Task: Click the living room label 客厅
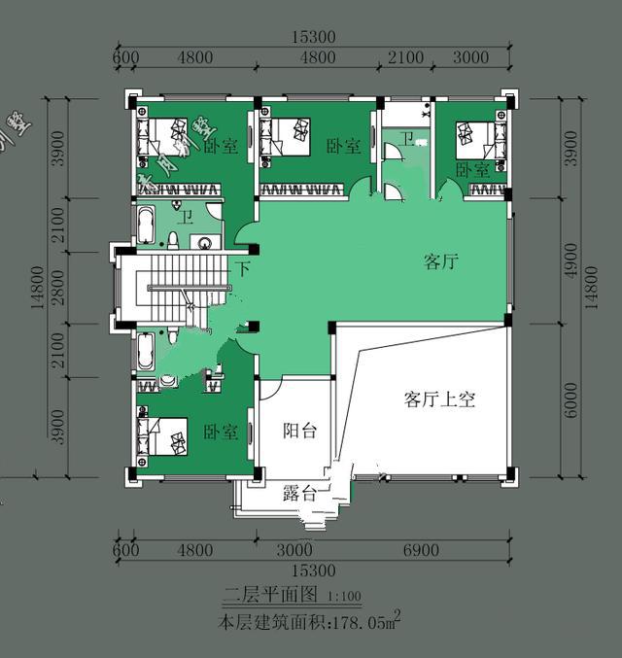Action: (441, 261)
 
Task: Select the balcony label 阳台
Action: (299, 431)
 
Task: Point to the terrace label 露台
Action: (299, 493)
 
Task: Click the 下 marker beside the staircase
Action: (243, 267)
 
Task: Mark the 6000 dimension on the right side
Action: (570, 400)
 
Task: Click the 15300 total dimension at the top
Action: (313, 37)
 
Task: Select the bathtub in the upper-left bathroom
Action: (146, 225)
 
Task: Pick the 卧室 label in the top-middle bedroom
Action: (343, 146)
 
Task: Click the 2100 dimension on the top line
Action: (405, 57)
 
